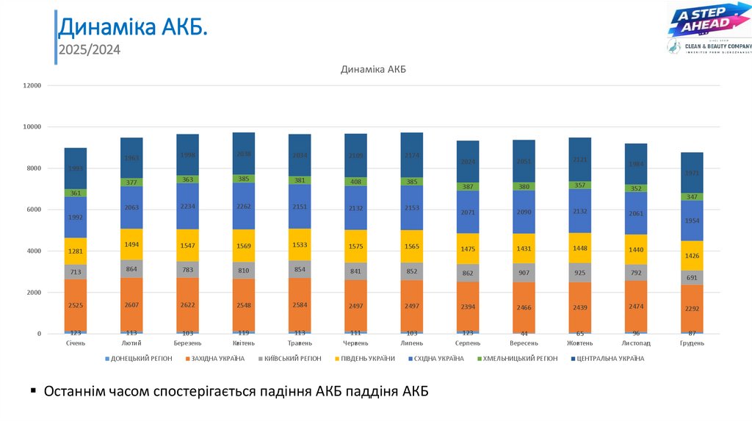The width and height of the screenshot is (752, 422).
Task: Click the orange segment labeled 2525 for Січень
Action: pyautogui.click(x=76, y=305)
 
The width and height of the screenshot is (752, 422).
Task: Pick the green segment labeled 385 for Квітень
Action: pyautogui.click(x=244, y=179)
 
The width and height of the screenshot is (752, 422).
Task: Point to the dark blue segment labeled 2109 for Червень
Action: pyautogui.click(x=355, y=155)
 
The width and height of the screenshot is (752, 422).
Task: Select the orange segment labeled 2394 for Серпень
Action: pyautogui.click(x=468, y=307)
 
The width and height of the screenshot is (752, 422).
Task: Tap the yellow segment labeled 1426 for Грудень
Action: pyautogui.click(x=691, y=256)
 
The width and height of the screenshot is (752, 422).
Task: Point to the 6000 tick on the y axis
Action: pyautogui.click(x=34, y=210)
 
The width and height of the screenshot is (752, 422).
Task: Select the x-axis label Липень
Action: pyautogui.click(x=411, y=343)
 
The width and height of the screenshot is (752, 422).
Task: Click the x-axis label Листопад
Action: pyautogui.click(x=635, y=343)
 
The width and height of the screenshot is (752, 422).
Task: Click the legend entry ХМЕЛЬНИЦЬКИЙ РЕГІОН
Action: pyautogui.click(x=516, y=359)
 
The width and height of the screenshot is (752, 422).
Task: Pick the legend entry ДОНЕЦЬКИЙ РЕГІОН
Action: pyautogui.click(x=141, y=359)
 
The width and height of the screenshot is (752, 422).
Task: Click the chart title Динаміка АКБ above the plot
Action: pyautogui.click(x=373, y=69)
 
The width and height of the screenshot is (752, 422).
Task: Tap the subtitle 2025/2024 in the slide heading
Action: pyautogui.click(x=89, y=50)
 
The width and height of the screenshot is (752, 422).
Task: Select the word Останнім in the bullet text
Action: pyautogui.click(x=75, y=391)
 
